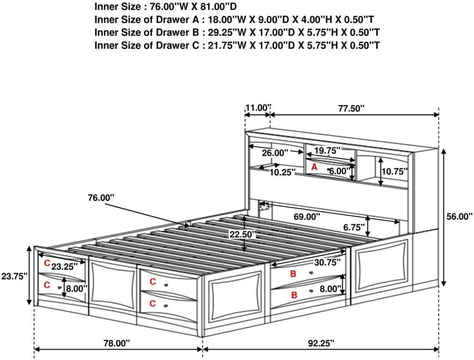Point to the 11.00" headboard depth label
258,108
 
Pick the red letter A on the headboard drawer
314,168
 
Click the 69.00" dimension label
305,216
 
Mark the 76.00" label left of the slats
101,198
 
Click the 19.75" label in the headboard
326,150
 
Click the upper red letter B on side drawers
293,274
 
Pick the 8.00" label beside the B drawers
331,289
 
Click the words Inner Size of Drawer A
147,19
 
